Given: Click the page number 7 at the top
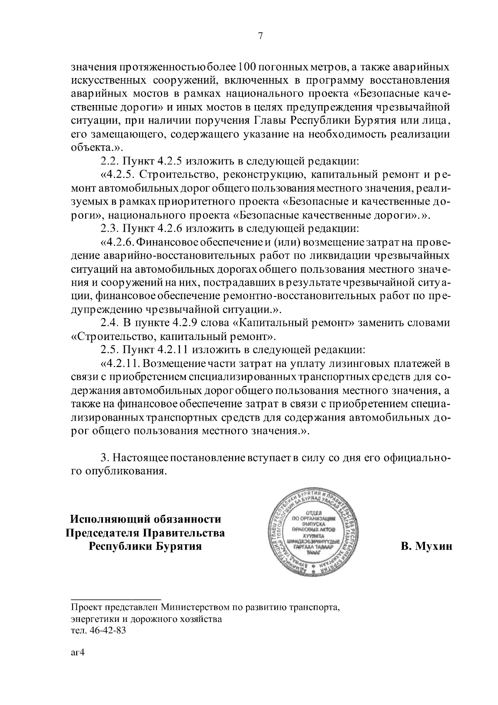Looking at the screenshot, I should point(261,36).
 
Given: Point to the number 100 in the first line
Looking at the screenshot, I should point(248,67).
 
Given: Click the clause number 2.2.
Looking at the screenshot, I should point(109,161).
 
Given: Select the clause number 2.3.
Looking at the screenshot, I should point(109,228).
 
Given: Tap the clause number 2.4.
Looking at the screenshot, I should point(109,323).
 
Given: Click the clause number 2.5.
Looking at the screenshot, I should point(109,350).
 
